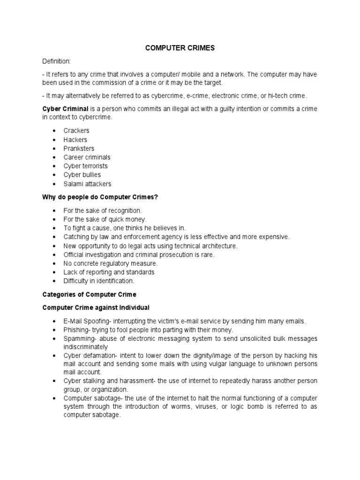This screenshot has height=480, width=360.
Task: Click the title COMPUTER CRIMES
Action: click(x=180, y=48)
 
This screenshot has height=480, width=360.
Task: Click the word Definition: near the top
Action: click(x=56, y=61)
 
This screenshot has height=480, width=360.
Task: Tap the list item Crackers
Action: click(x=76, y=131)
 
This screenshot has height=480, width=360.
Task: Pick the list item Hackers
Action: click(x=75, y=140)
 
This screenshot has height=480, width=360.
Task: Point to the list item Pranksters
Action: click(x=79, y=149)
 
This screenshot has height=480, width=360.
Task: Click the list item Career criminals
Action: click(x=87, y=157)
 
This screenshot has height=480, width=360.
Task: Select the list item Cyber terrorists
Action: click(x=86, y=166)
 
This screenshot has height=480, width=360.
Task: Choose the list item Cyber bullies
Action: click(x=82, y=175)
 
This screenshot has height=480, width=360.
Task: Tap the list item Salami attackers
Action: click(x=88, y=184)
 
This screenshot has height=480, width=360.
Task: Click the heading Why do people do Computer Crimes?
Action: click(x=100, y=197)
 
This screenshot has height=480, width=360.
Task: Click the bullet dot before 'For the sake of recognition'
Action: click(x=54, y=210)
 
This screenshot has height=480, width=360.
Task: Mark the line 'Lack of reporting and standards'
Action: click(x=109, y=272)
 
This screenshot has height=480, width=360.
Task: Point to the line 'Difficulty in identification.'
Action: click(x=99, y=281)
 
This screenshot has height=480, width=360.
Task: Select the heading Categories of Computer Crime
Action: click(x=90, y=294)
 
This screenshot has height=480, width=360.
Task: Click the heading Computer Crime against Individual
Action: click(x=96, y=307)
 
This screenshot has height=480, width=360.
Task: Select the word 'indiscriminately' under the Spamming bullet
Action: click(x=86, y=347)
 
